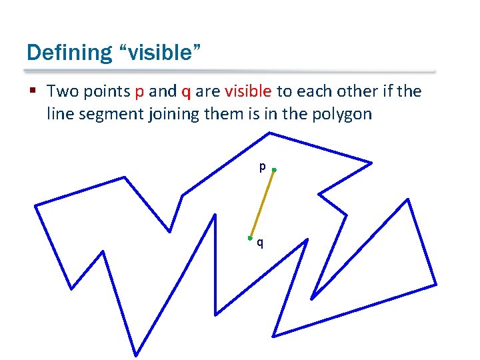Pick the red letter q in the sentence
[186, 92]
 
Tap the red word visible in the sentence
[248, 91]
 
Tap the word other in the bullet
[361, 91]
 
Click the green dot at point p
[274, 171]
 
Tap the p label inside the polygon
[263, 167]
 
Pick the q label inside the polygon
[260, 243]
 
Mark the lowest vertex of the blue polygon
[137, 354]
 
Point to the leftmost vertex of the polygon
[35, 205]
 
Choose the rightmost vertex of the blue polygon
[437, 285]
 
